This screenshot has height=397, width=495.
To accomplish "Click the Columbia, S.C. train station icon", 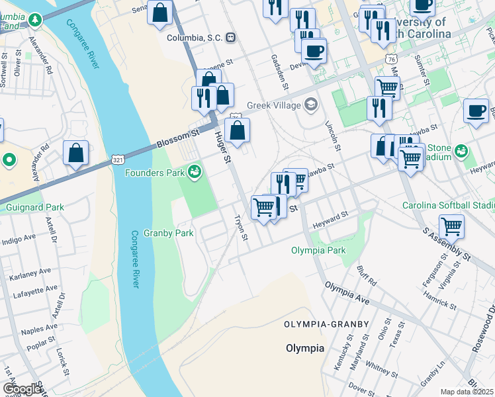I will pyautogui.click(x=231, y=38).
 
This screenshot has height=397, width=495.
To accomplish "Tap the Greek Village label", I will pyautogui.click(x=274, y=105).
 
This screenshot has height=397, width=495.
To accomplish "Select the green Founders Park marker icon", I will pyautogui.click(x=195, y=173).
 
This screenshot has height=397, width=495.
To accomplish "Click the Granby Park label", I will pyautogui.click(x=170, y=233).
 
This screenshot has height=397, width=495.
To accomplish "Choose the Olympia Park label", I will pyautogui.click(x=318, y=251).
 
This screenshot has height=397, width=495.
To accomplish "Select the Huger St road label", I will pyautogui.click(x=222, y=147).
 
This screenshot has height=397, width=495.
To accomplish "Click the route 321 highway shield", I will pyautogui.click(x=118, y=160).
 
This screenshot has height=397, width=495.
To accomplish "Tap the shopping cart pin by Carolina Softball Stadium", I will pyautogui.click(x=451, y=226).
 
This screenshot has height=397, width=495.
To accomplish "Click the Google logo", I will pyautogui.click(x=23, y=389).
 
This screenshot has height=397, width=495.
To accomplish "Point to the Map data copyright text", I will pyautogui.click(x=467, y=392).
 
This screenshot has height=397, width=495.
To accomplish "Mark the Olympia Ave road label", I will pyautogui.click(x=346, y=293).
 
